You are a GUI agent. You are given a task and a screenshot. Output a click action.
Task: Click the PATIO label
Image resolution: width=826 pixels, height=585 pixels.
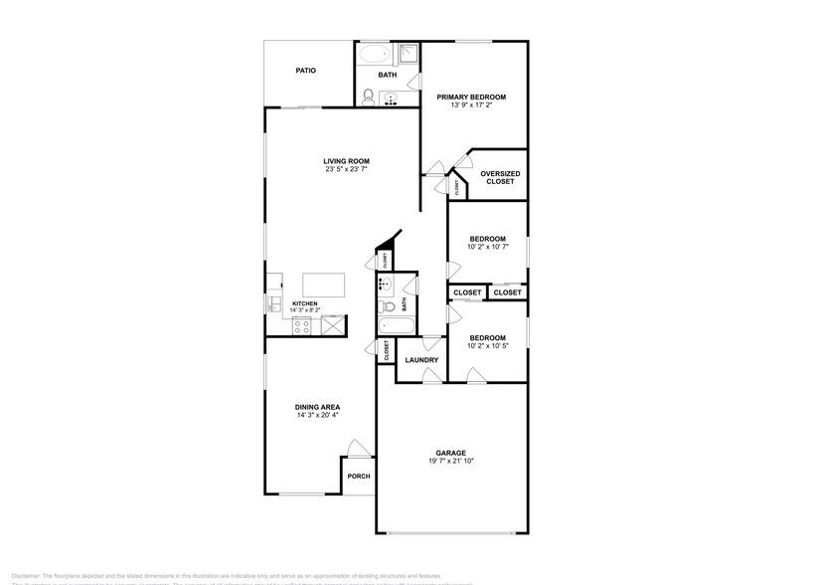pos(306,71)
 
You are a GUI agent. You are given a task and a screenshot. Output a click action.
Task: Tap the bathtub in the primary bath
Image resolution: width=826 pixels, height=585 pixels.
pos(376,54)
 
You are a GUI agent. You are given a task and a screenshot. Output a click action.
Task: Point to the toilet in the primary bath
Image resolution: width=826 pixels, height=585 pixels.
pos(369,97)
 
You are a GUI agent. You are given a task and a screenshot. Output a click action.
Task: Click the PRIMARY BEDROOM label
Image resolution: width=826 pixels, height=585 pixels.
pos(472,97)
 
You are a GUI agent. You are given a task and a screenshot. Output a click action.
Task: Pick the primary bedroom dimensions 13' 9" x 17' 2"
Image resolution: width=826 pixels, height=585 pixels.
pos(472,105)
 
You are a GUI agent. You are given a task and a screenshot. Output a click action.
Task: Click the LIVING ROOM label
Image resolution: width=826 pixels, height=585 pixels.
pos(346,161)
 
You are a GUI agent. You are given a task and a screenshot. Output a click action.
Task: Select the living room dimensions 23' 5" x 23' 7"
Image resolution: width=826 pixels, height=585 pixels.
pos(346,170)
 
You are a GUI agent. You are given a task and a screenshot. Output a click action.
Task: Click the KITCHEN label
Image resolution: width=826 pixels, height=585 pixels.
pos(304,303)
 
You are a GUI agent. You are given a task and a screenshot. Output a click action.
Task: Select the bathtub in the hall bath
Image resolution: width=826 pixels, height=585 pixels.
pos(393,325)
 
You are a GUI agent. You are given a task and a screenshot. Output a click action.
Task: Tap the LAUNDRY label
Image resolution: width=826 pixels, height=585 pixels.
pos(421,359)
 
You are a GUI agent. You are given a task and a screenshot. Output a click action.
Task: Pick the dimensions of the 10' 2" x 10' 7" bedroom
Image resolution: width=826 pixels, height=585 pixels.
pos(488,248)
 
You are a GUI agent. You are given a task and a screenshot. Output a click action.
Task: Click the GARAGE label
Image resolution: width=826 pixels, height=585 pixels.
pos(451,452)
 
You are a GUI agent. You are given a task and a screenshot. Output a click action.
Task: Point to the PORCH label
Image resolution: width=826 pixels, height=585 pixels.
pos(358,477)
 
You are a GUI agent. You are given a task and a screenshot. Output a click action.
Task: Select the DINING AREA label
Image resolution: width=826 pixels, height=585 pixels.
pos(317,406)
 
